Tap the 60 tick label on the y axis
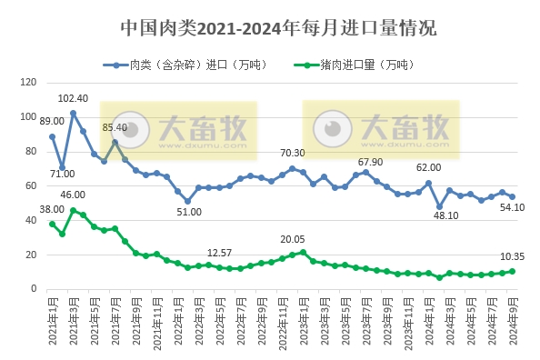(30, 186)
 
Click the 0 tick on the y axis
(34, 289)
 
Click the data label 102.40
(73, 98)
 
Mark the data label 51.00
(189, 213)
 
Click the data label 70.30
(293, 154)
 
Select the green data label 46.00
(73, 195)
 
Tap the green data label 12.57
(221, 252)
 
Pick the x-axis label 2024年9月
(514, 320)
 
